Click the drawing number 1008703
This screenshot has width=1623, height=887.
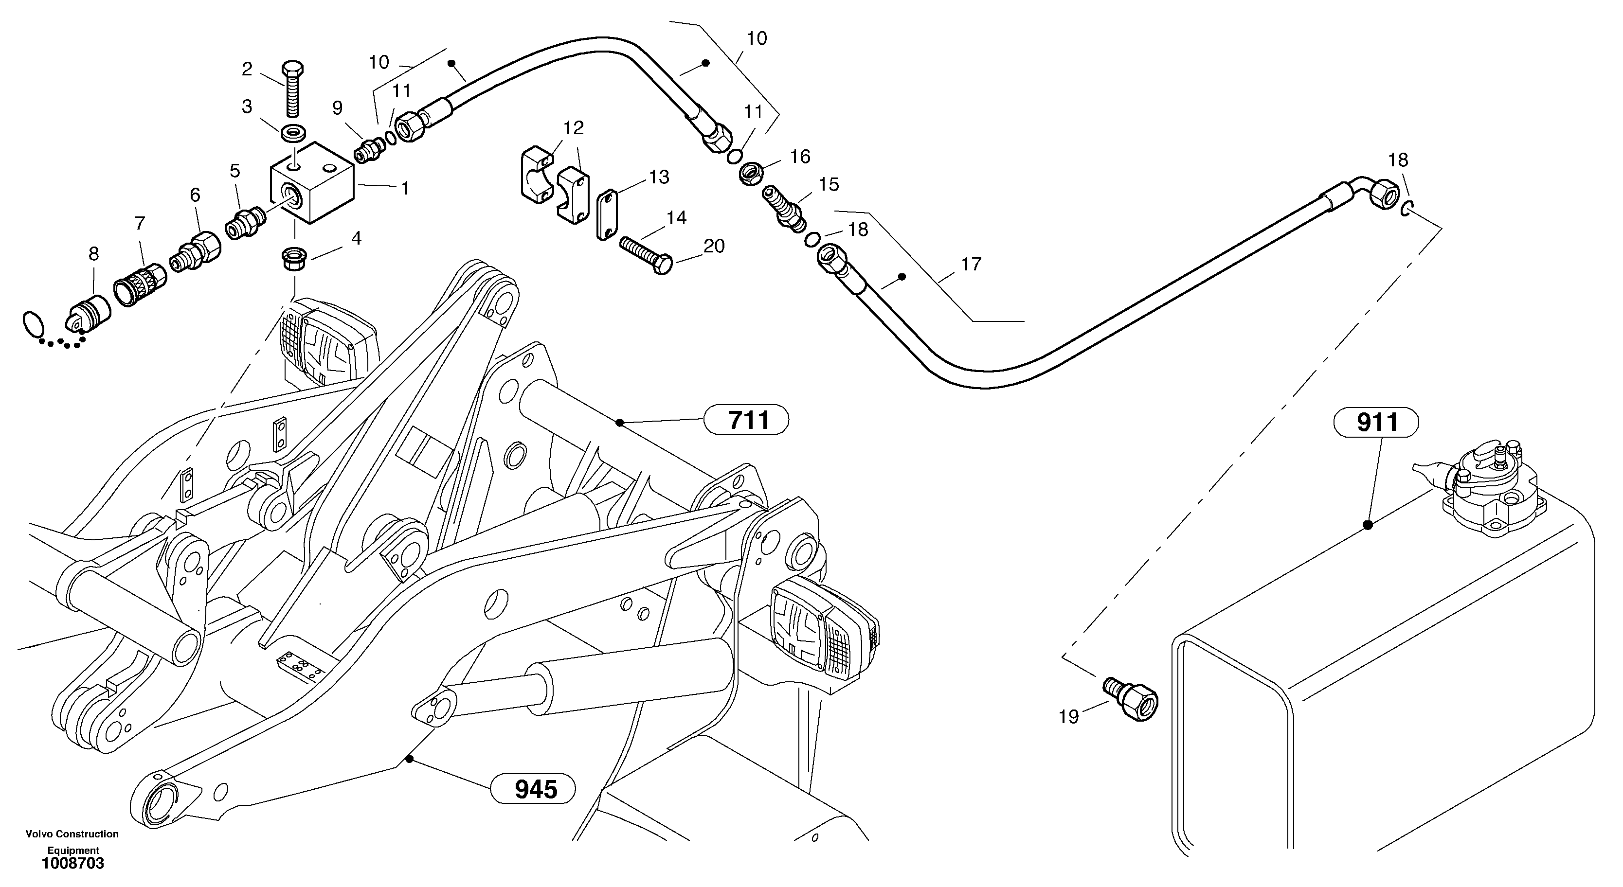73,864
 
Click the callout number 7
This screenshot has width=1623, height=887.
140,223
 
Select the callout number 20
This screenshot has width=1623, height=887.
714,246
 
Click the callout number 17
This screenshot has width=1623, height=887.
972,264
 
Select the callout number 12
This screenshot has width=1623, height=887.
573,128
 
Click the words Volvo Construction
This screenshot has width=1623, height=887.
72,834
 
